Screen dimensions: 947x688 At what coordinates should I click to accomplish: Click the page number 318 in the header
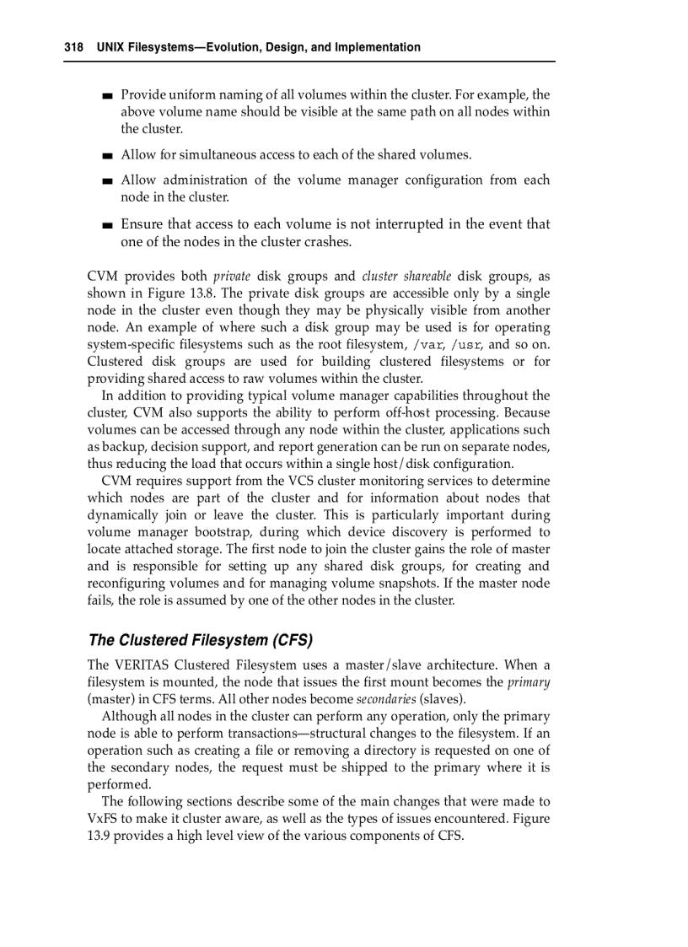click(73, 47)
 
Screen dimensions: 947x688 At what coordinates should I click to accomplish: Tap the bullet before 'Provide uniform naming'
click(107, 96)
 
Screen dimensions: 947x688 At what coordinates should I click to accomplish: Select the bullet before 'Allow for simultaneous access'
click(107, 156)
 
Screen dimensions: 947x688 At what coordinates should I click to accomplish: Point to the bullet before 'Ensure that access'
click(107, 225)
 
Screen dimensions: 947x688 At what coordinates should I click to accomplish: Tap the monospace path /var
click(428, 345)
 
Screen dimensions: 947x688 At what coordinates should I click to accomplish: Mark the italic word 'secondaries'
click(386, 699)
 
